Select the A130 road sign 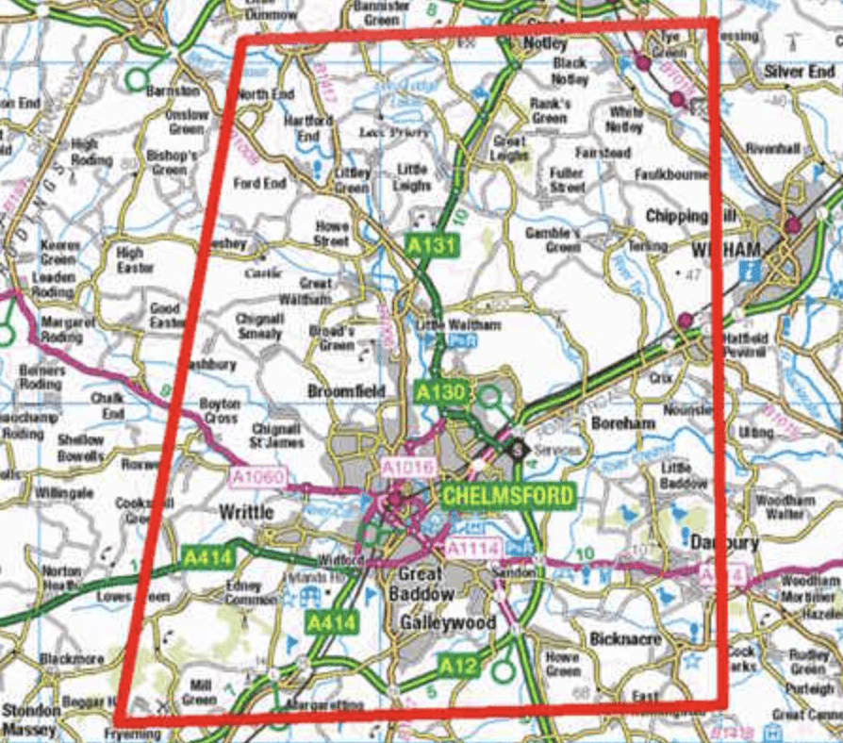(440, 389)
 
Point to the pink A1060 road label (256, 479)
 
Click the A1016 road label (406, 467)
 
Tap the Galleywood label (434, 623)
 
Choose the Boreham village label (623, 423)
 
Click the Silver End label (799, 72)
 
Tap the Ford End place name (260, 183)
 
